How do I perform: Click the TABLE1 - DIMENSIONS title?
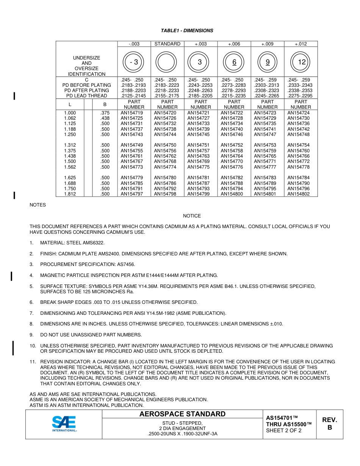(x=187, y=31)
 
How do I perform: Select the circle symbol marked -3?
(x=134, y=62)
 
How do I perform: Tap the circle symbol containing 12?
(x=301, y=62)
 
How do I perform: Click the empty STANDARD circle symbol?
(x=167, y=62)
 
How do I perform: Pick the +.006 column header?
(x=234, y=44)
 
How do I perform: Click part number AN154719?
(x=132, y=113)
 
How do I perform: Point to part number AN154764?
(x=232, y=156)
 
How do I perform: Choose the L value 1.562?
(x=70, y=167)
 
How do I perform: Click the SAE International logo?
(x=64, y=424)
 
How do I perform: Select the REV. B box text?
(x=329, y=424)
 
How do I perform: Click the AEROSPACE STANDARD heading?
(x=182, y=414)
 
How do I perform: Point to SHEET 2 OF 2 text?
(x=283, y=430)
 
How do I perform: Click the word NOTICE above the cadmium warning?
(x=192, y=216)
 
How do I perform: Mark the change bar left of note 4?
(x=12, y=276)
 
